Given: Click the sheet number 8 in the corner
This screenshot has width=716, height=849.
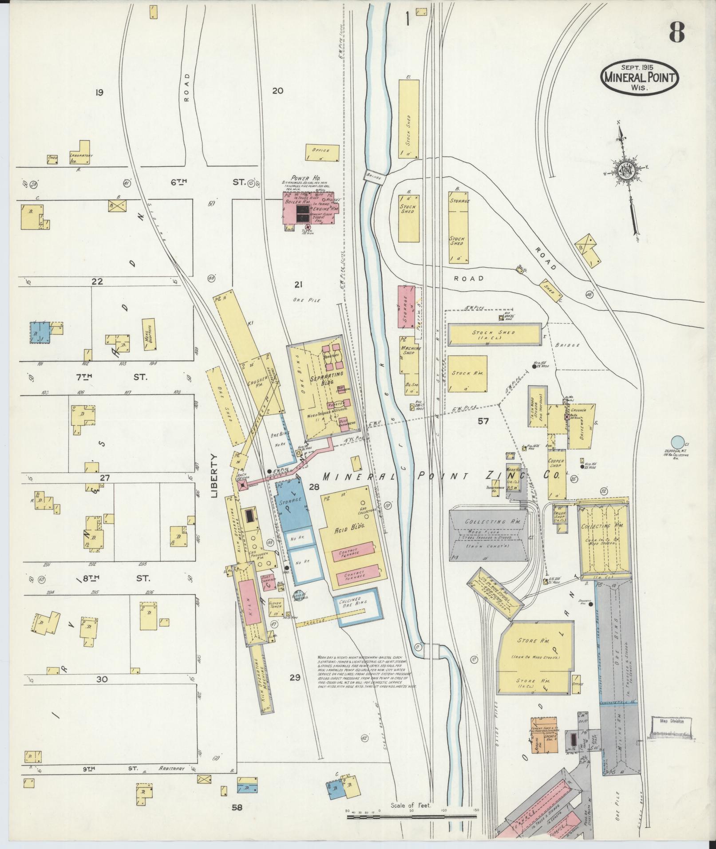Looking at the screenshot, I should click(x=676, y=32).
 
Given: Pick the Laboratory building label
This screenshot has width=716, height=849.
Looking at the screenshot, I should click(x=80, y=155).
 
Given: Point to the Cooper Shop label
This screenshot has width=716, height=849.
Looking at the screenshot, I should click(x=556, y=464).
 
